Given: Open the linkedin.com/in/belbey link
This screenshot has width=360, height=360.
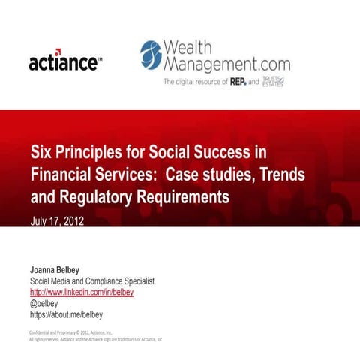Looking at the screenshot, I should [x=81, y=292].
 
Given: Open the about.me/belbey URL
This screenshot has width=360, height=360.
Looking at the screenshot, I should [x=65, y=314].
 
